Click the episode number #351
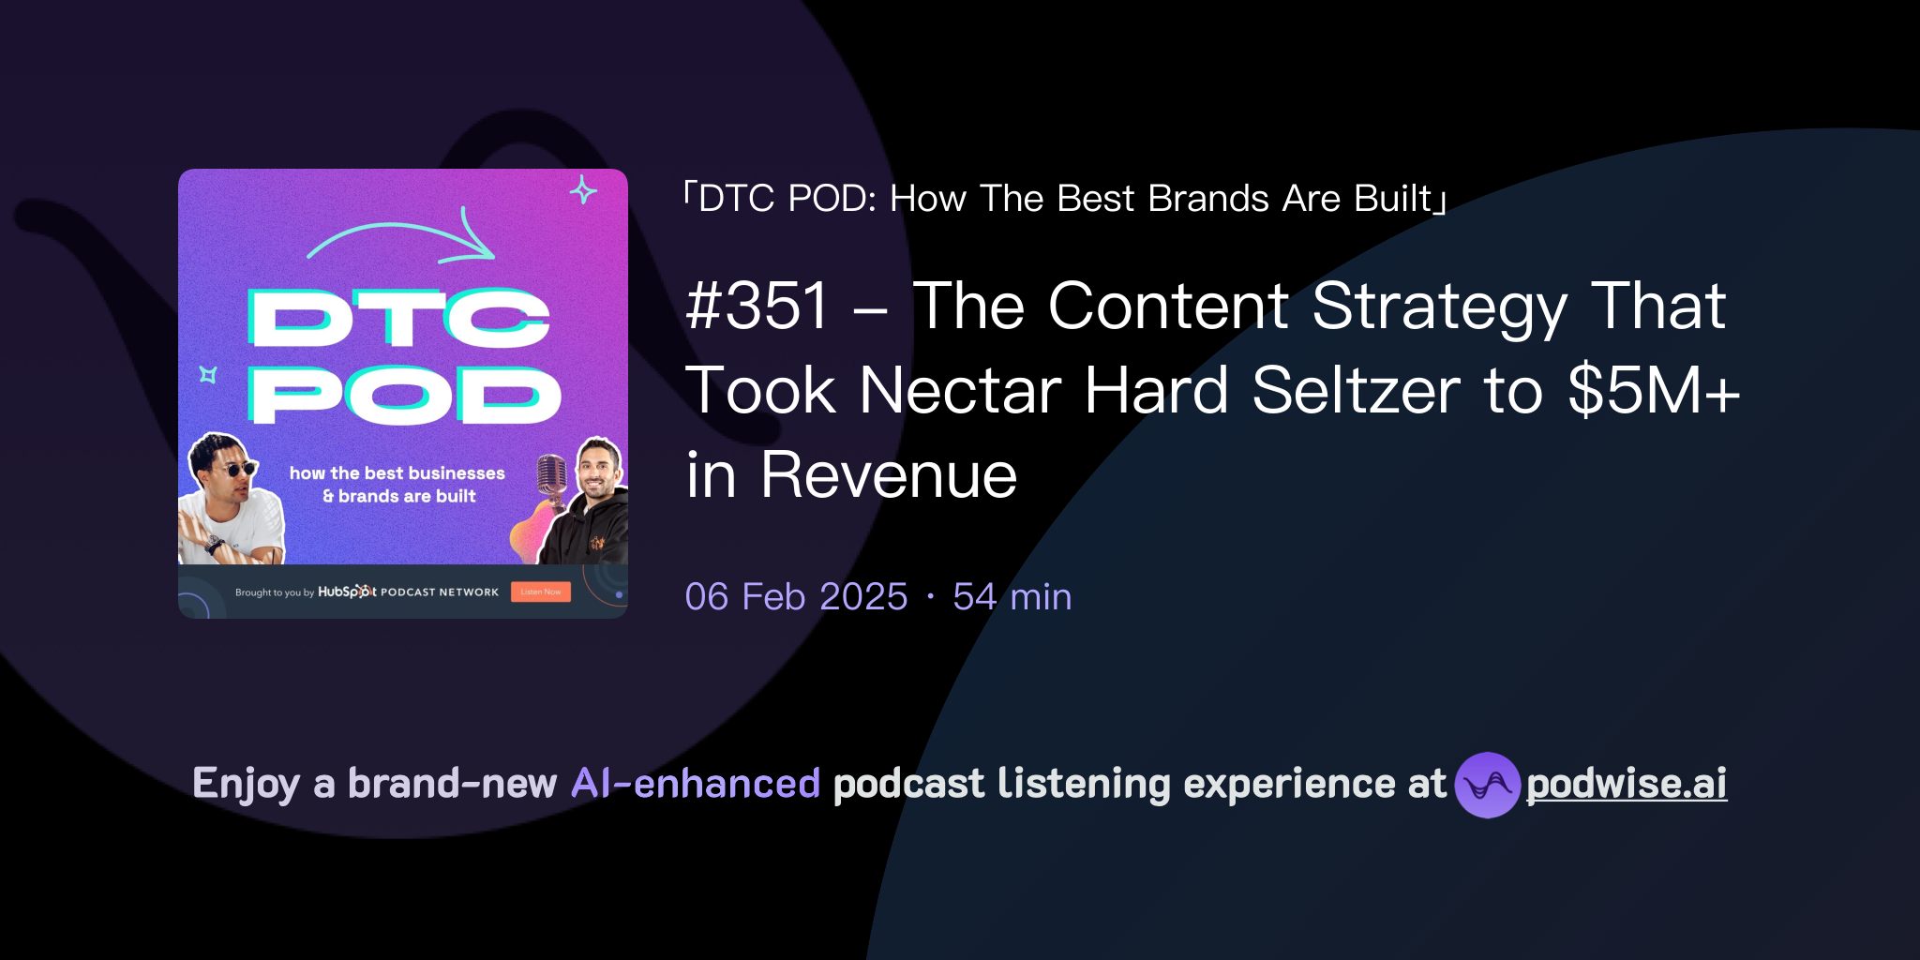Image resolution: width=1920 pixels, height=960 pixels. (757, 307)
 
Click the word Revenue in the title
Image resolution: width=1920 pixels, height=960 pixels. (888, 475)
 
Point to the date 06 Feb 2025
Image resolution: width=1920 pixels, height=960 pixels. (796, 597)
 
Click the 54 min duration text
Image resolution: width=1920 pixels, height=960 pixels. (1012, 597)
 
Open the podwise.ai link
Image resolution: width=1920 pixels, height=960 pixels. (1626, 785)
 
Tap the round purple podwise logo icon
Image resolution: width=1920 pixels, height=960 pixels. (1487, 785)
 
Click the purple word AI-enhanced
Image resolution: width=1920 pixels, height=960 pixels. (696, 784)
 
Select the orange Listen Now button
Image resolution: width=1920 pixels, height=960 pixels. (541, 592)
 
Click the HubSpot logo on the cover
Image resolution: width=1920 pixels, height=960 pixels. (347, 592)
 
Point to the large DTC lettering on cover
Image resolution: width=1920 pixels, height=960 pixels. (398, 318)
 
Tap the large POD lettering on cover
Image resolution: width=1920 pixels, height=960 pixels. (405, 395)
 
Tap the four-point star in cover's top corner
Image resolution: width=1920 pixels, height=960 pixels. (583, 190)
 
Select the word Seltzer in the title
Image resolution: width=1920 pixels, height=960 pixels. (1356, 390)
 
